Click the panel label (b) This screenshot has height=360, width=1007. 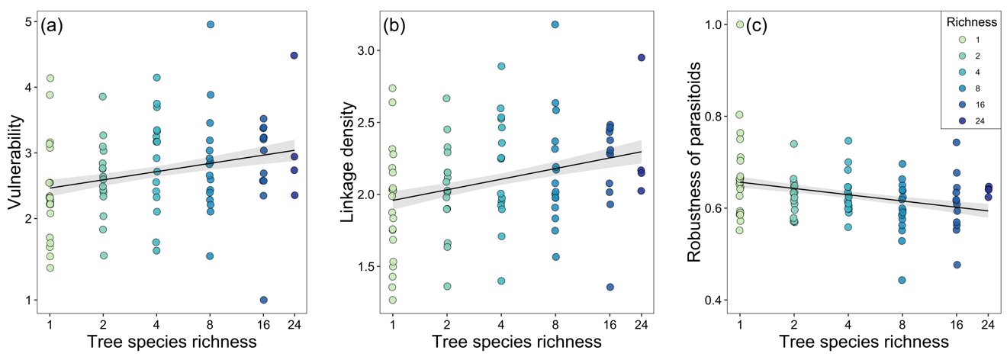(395, 25)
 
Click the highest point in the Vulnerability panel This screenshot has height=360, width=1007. (211, 24)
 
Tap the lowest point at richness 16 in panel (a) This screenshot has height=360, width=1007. (263, 300)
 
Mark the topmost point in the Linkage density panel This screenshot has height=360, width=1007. (555, 24)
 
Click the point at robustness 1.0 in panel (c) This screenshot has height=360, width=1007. (740, 24)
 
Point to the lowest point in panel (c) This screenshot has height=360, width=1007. (902, 280)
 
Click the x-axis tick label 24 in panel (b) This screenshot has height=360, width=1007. (642, 325)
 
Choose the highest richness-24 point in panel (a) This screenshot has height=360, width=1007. (294, 56)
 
